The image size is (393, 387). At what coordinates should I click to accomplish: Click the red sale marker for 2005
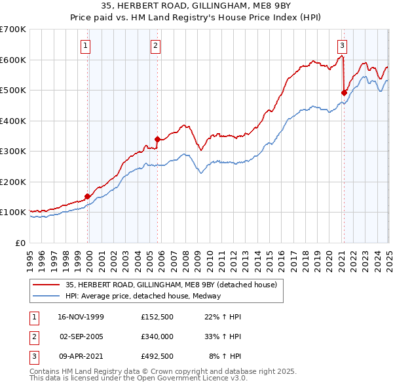pos(157,139)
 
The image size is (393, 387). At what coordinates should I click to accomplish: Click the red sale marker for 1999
pos(88,195)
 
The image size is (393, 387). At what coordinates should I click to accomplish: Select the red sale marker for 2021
pos(344,92)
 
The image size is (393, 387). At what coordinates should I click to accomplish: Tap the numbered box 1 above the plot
pos(86,45)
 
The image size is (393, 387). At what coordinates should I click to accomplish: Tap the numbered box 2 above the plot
pos(155,45)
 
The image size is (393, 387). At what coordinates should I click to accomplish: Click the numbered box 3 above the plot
pos(342,45)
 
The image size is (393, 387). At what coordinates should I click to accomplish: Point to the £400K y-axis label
pos(12,121)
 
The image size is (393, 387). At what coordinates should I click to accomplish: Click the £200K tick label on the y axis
pos(12,182)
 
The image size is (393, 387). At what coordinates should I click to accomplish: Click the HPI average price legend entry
pos(143,296)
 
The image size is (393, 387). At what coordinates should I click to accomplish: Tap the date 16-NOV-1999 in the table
pos(81,317)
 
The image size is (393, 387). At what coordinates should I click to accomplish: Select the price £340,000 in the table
pos(157,336)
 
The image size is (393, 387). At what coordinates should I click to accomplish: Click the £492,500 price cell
pos(157,356)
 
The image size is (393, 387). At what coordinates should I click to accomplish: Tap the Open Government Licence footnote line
pos(138,378)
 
